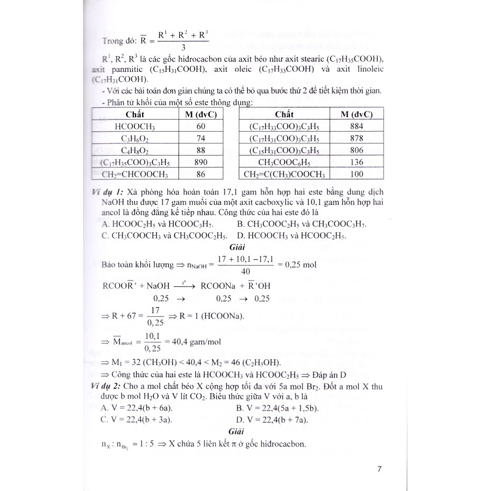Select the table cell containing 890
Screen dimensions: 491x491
point(201,162)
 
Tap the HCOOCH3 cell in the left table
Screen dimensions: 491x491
point(135,126)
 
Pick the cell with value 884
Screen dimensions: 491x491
point(356,126)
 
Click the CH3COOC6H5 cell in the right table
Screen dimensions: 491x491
point(285,162)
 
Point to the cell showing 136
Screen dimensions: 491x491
point(356,162)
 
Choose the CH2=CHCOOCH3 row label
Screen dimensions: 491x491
point(135,174)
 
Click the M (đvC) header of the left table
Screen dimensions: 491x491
point(201,115)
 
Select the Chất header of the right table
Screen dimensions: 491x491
point(285,115)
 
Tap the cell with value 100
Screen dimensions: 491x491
point(356,174)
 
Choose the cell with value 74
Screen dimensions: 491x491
point(201,138)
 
